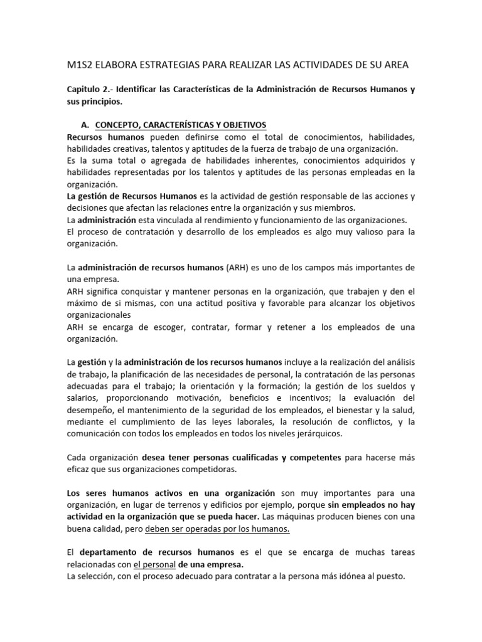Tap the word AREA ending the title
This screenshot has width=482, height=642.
[x=395, y=65]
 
